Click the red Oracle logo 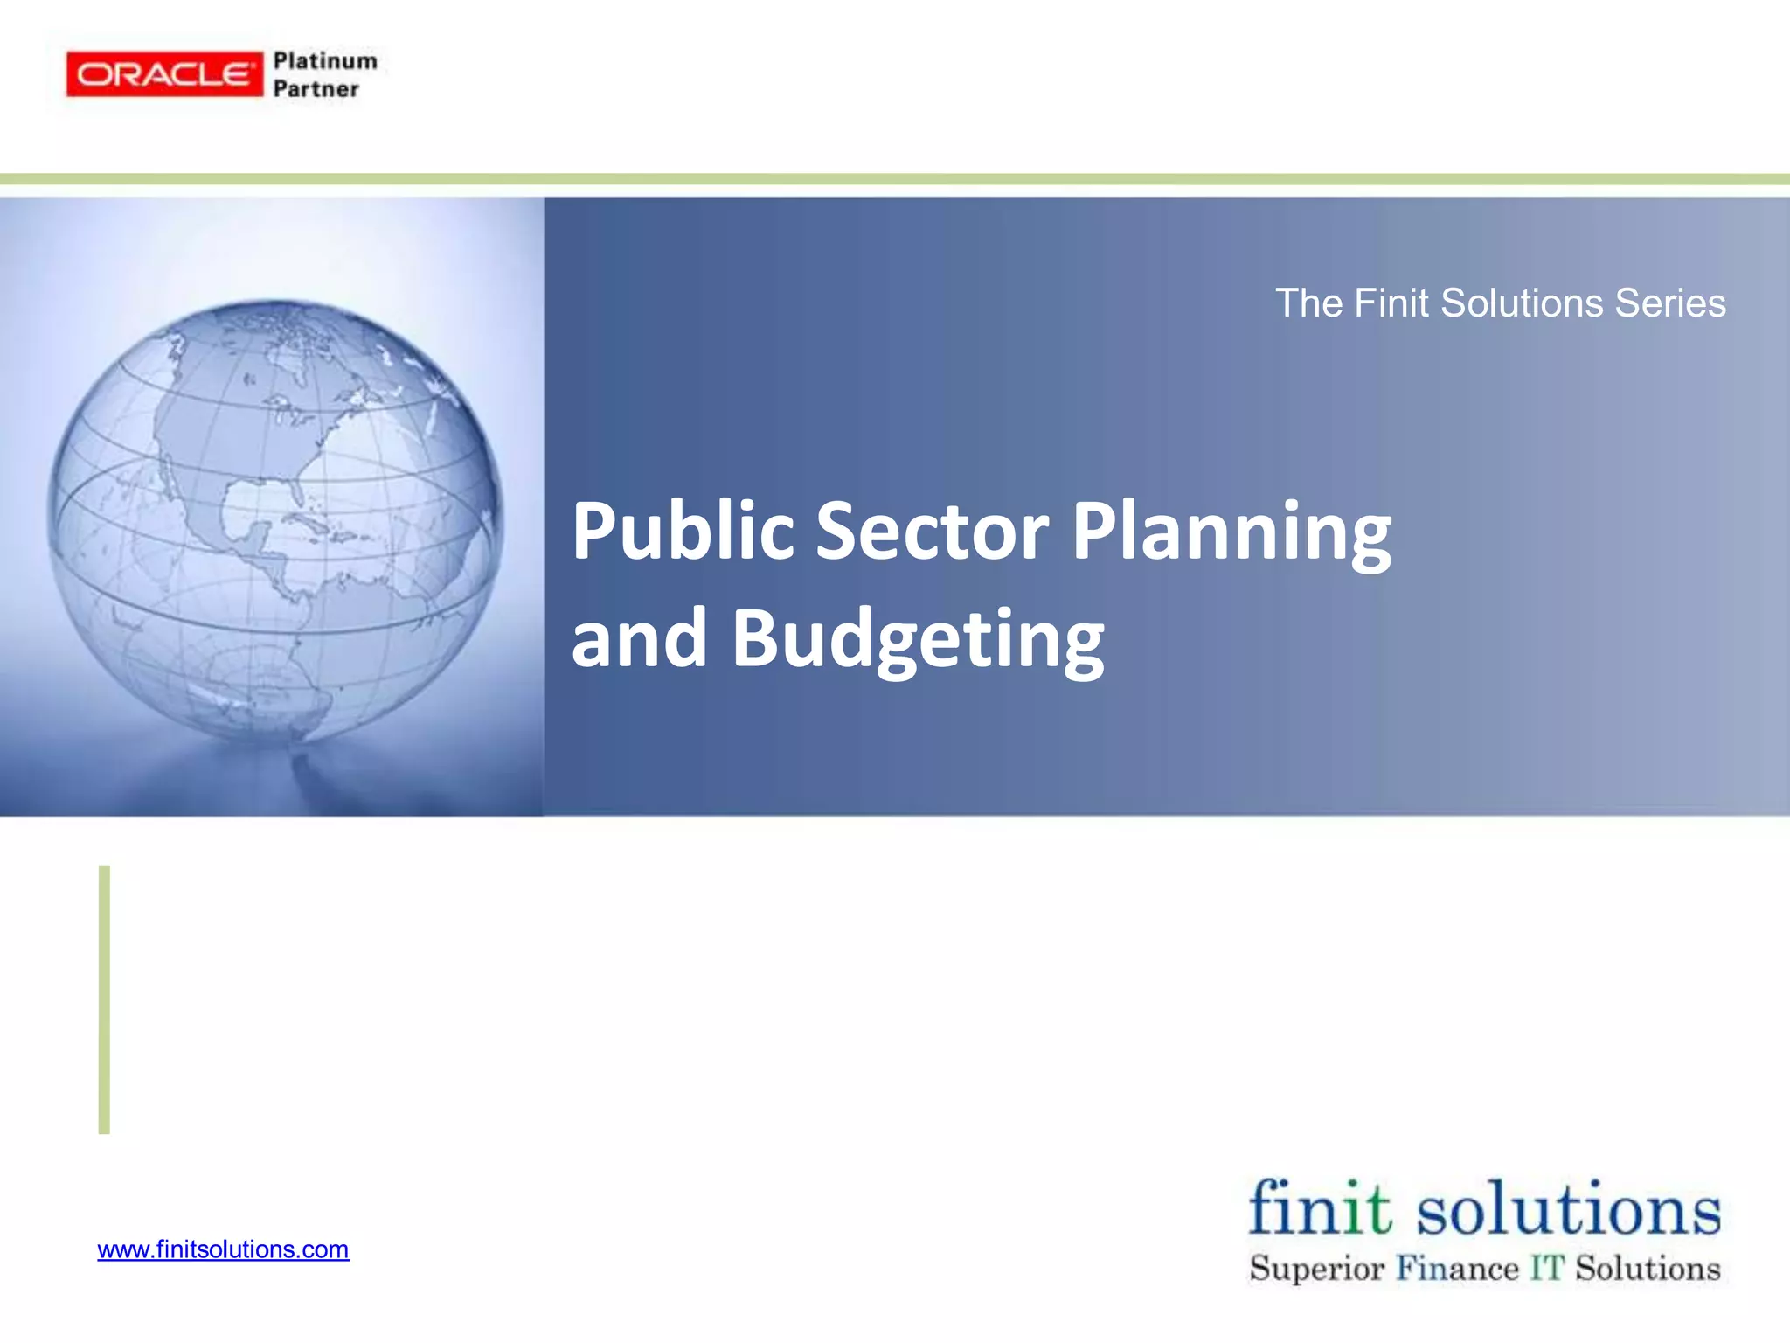164,74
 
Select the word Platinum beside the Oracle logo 325,61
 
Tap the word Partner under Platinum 316,89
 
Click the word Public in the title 683,531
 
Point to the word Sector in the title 932,531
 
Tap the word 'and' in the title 639,638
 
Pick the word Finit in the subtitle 1392,303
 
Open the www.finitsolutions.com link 223,1249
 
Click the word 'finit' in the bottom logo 1319,1208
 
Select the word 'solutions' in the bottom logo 1568,1210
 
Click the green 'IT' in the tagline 1546,1268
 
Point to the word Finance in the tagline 1457,1268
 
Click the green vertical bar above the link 104,999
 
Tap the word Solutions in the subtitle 1522,303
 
